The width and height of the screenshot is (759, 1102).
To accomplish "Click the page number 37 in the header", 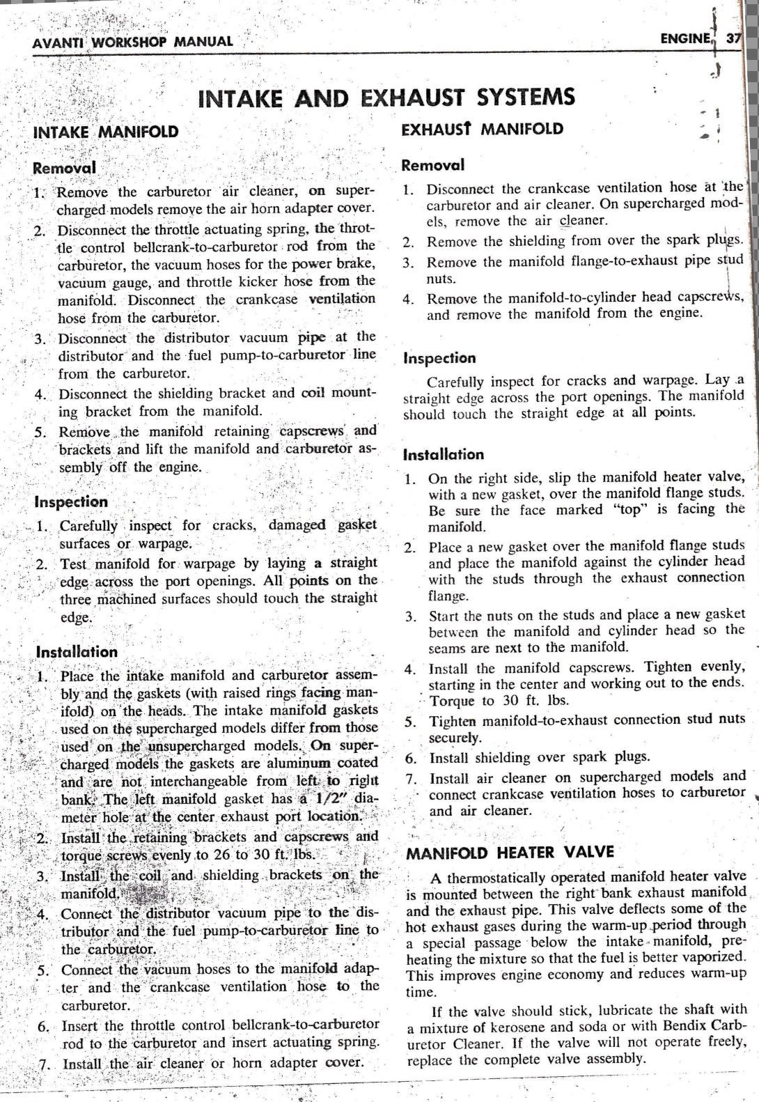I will pos(733,39).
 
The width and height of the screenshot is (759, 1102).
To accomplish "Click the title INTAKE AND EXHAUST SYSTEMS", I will pos(386,97).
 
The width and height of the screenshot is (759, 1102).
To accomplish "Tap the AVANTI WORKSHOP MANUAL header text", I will pos(132,41).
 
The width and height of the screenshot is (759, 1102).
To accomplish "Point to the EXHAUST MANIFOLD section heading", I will pos(483,129).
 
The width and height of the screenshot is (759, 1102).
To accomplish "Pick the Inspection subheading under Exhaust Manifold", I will pos(440,359).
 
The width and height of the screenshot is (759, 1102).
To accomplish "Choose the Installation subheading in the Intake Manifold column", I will pos(77,652).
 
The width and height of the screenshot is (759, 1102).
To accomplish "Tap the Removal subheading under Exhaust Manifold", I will pos(433,166).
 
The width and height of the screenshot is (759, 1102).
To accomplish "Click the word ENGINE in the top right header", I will pos(687,39).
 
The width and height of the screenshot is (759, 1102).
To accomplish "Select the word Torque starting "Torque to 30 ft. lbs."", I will pos(452,701).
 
